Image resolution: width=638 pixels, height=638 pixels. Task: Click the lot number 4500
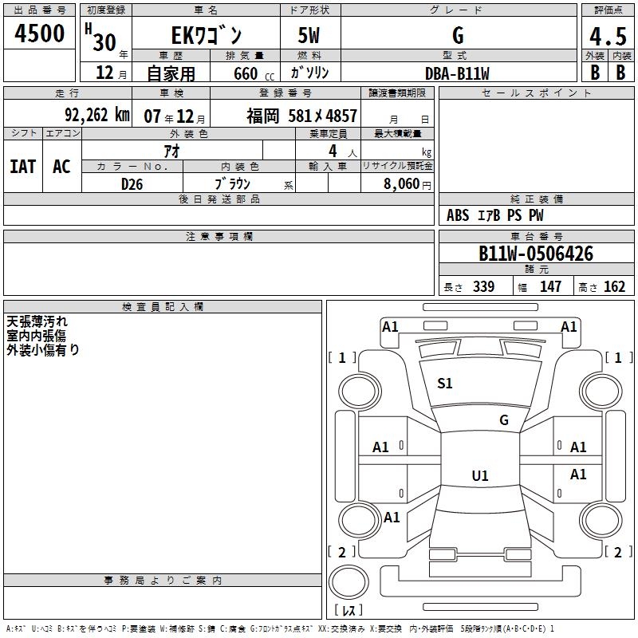pyautogui.click(x=40, y=33)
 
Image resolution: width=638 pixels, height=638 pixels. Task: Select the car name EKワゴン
pyautogui.click(x=206, y=35)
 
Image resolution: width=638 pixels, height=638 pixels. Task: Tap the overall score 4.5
pyautogui.click(x=607, y=37)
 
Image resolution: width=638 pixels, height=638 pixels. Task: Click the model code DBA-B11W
pyautogui.click(x=457, y=73)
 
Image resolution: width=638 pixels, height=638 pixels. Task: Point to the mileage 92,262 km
pyautogui.click(x=96, y=115)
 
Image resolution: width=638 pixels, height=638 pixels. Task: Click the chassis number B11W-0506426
pyautogui.click(x=536, y=254)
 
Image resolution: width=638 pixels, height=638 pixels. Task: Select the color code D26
pyautogui.click(x=132, y=183)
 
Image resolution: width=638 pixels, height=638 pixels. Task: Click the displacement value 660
pyautogui.click(x=246, y=73)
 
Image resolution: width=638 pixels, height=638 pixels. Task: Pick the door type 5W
pyautogui.click(x=309, y=35)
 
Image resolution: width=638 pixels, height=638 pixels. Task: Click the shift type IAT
pyautogui.click(x=22, y=166)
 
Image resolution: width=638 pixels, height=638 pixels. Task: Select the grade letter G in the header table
pyautogui.click(x=457, y=35)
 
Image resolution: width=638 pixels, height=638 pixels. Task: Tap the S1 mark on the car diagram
pyautogui.click(x=445, y=384)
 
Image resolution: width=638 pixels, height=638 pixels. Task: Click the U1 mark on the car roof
pyautogui.click(x=479, y=476)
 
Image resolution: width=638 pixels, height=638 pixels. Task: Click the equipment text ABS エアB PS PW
pyautogui.click(x=496, y=215)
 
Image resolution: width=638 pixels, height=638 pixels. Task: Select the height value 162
pyautogui.click(x=614, y=287)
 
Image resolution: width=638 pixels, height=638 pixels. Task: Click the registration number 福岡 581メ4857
pyautogui.click(x=301, y=116)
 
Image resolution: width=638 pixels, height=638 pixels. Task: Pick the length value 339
pyautogui.click(x=483, y=287)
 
